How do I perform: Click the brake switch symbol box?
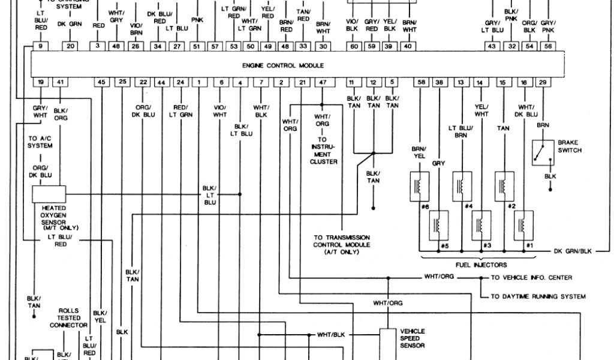click(543, 152)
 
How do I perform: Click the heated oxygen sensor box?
click(49, 194)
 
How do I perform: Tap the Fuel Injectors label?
click(481, 265)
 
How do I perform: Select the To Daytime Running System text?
click(538, 296)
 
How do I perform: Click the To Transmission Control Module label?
click(341, 245)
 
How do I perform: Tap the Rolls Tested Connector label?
click(68, 318)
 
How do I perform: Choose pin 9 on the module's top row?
click(40, 46)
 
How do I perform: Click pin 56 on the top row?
click(547, 46)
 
